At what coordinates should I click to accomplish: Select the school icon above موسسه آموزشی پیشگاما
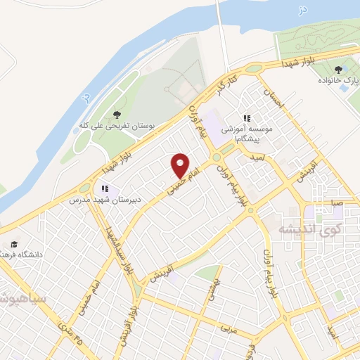pos(247,119)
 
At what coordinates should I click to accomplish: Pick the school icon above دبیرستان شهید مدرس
pos(105,188)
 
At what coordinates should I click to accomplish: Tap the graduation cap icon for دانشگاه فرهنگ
pos(14,244)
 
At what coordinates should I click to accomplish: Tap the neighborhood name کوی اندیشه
pos(310,230)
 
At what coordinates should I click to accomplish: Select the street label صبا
pos(337,202)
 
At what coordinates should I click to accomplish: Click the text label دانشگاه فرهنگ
pos(32,254)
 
